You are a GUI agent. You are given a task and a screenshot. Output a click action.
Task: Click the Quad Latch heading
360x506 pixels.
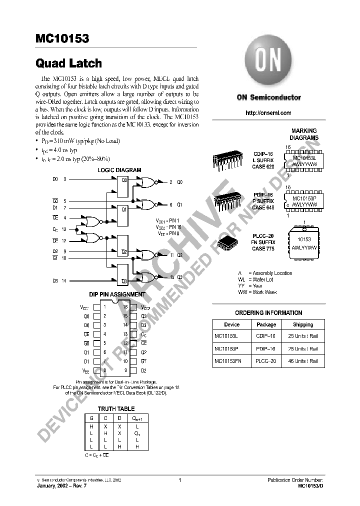[x=68, y=63]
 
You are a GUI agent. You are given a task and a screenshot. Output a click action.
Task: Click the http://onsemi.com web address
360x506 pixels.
[x=268, y=113]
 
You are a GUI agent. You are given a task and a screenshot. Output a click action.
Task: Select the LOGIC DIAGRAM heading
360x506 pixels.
[x=119, y=170]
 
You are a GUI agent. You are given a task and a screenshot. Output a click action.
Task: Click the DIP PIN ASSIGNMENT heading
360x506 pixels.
[x=117, y=295]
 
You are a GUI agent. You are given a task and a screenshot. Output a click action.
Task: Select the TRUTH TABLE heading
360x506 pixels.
[x=116, y=408]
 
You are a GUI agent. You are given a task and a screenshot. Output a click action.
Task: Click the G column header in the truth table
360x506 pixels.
[x=92, y=418]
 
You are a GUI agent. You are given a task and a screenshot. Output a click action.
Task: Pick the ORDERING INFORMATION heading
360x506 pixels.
[x=268, y=313]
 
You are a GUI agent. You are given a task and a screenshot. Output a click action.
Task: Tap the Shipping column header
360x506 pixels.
[x=303, y=324]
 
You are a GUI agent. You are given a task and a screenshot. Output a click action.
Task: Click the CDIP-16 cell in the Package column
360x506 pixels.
[x=266, y=336]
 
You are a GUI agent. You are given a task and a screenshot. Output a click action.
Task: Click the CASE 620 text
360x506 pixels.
[x=263, y=166]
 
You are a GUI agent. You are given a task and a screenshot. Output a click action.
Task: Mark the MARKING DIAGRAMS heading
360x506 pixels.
[x=304, y=134]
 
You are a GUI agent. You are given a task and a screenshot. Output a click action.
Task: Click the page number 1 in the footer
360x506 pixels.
[x=179, y=480]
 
